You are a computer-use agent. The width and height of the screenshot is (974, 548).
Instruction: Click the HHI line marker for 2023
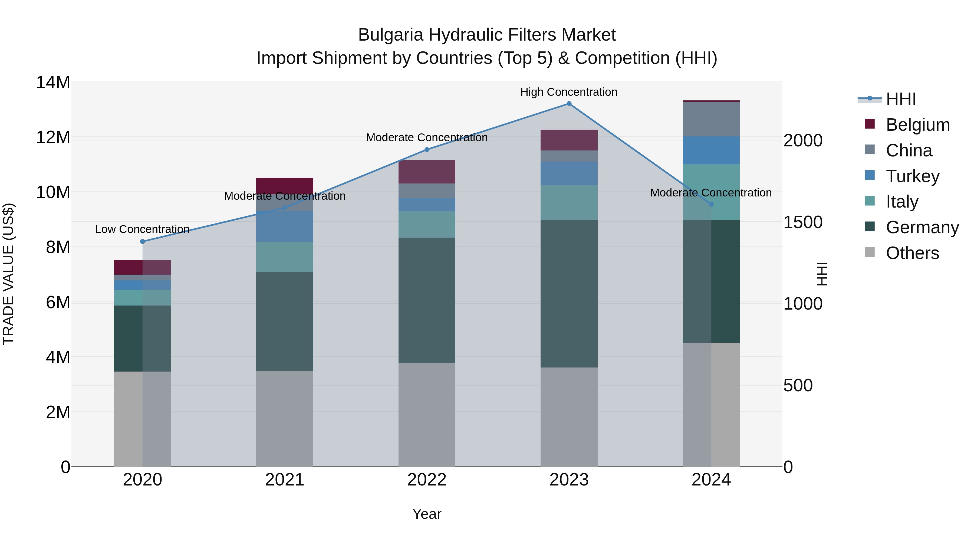click(569, 104)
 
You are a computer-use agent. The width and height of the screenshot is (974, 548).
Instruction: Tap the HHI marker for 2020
click(143, 242)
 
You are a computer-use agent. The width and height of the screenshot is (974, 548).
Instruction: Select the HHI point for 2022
click(427, 149)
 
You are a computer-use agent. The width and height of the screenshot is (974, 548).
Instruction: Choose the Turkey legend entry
click(912, 176)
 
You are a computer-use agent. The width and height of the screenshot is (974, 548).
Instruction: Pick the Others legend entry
click(912, 253)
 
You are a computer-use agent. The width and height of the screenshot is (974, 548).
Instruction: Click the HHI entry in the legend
click(901, 99)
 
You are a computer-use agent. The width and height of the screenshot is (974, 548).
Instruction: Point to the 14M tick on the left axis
click(53, 83)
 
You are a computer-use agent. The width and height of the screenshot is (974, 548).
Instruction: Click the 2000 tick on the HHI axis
click(803, 141)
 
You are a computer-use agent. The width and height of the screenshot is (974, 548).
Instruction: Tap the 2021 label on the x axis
click(285, 480)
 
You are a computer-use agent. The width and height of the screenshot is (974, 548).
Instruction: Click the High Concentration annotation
click(569, 92)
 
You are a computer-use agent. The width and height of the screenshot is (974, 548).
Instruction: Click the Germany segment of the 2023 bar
click(569, 293)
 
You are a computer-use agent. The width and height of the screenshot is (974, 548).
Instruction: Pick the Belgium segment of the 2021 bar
click(285, 186)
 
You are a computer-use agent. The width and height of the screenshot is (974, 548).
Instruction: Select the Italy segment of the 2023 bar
click(569, 202)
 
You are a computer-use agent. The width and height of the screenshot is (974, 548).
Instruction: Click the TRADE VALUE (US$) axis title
click(8, 274)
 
